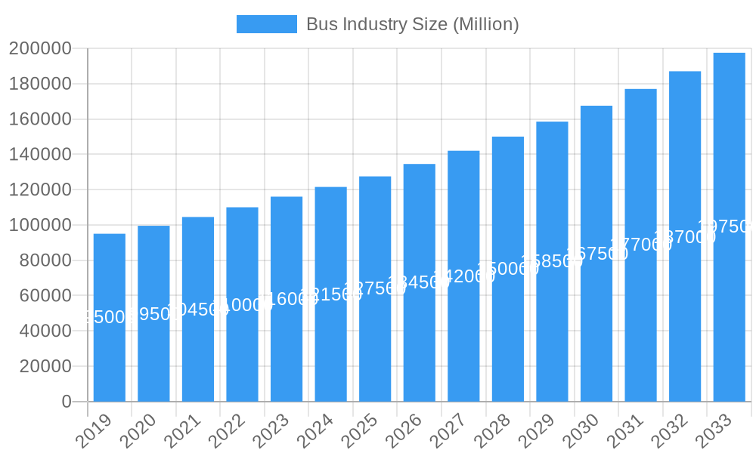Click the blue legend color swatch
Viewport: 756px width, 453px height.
click(x=266, y=24)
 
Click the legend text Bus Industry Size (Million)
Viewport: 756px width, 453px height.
click(x=412, y=24)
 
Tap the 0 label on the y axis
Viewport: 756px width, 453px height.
click(x=67, y=402)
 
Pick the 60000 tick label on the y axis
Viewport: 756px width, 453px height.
click(x=45, y=296)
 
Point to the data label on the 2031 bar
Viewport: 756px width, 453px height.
click(x=640, y=245)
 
